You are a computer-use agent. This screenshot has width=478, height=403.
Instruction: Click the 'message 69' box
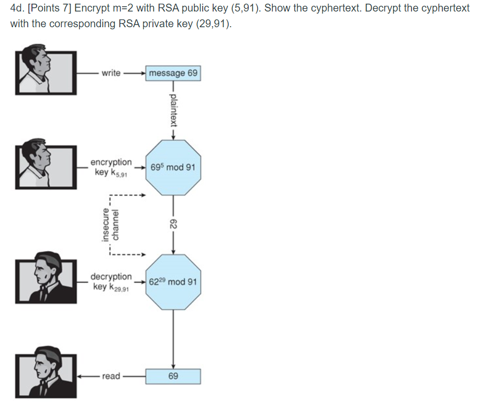tap(173, 73)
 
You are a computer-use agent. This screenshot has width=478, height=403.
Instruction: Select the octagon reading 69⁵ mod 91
tap(173, 167)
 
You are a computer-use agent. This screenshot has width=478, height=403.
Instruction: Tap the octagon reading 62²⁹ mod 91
tap(173, 282)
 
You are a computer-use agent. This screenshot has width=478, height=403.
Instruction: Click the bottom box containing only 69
tap(173, 376)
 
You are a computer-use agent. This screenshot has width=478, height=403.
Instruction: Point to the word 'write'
tap(111, 73)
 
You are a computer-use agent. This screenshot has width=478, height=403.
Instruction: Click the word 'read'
tap(111, 376)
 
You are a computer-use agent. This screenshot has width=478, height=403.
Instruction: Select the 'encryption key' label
tap(111, 167)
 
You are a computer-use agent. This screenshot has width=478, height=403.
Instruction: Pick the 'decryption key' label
tap(111, 282)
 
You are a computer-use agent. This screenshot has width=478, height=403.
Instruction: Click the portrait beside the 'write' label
tap(45, 73)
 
